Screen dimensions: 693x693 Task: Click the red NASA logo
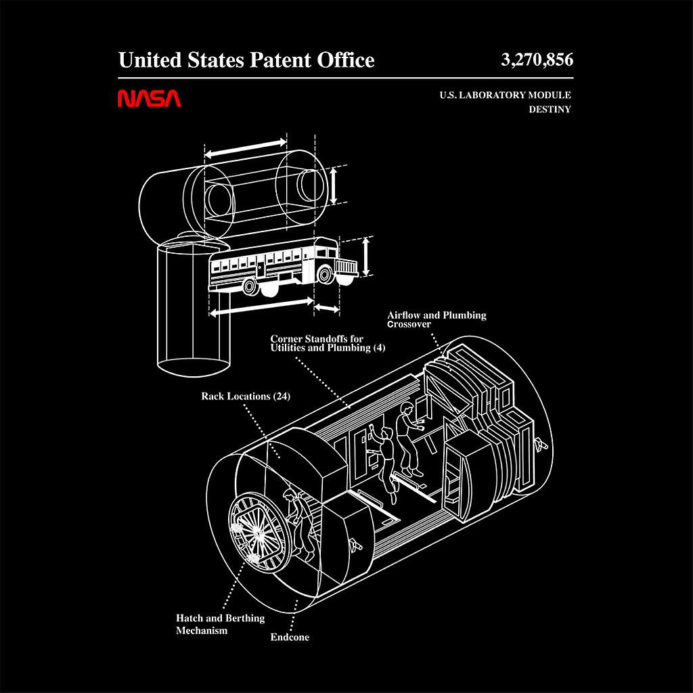(150, 99)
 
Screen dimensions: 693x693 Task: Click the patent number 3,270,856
(537, 60)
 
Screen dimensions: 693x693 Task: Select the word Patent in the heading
(282, 60)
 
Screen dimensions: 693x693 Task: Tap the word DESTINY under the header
(550, 109)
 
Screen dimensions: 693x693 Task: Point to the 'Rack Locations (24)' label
(246, 397)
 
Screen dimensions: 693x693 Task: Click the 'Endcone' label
(290, 637)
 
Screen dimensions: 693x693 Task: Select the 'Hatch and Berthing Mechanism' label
(220, 624)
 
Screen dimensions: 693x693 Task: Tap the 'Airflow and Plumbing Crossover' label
(437, 319)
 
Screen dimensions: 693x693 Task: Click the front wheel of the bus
(326, 274)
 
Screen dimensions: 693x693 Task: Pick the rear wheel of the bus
(250, 287)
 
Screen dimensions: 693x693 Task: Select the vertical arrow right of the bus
(366, 255)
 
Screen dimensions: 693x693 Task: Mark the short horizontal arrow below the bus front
(328, 309)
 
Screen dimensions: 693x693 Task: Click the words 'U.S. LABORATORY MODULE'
(504, 95)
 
